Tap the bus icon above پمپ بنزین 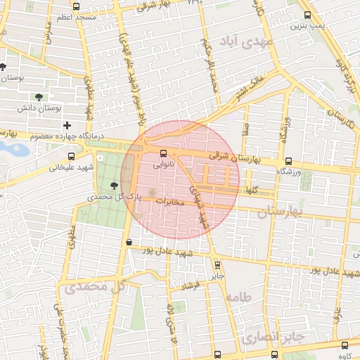[307, 14]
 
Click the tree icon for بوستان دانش [39, 97]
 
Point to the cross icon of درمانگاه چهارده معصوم [67, 124]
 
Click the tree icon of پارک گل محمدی [115, 185]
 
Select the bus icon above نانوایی [164, 153]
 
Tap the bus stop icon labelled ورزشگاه [288, 161]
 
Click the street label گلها [251, 191]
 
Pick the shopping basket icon [128, 243]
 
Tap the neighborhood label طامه [238, 297]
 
